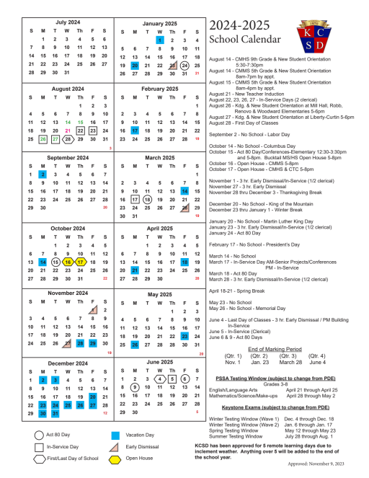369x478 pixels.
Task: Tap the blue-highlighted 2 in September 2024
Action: [x=43, y=174]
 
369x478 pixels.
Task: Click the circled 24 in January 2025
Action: [x=184, y=65]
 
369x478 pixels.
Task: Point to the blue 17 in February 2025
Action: [x=135, y=131]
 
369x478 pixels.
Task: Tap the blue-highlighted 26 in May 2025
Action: [x=135, y=345]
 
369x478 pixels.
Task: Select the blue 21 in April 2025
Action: [x=135, y=270]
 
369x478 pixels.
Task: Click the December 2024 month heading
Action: [x=69, y=364]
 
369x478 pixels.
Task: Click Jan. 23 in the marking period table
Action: [x=259, y=363]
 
